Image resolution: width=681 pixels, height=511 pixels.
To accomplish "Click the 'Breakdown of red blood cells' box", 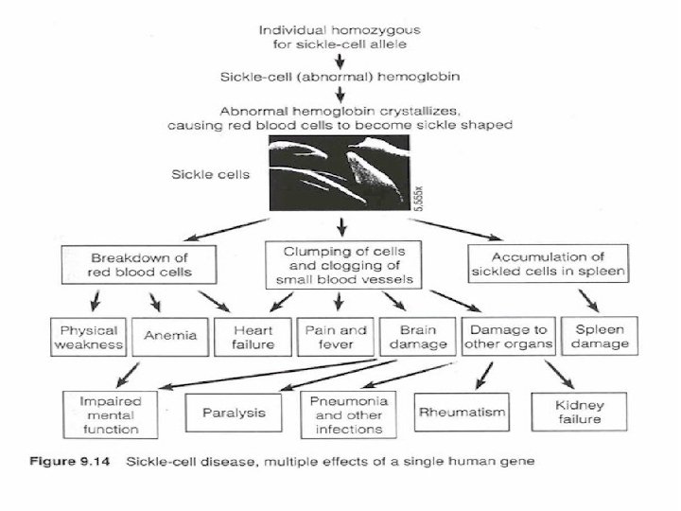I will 139,264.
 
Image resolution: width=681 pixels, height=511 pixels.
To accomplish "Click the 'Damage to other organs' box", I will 506,337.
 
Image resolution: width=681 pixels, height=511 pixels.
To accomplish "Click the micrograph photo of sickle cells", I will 340,173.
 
